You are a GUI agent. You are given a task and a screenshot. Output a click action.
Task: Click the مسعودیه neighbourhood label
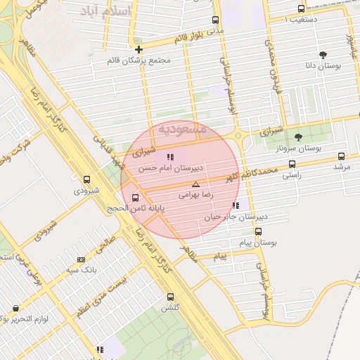point(181,129)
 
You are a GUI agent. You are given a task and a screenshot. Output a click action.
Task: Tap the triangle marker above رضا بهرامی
point(196,184)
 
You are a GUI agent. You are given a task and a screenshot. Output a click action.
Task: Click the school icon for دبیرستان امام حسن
point(169,157)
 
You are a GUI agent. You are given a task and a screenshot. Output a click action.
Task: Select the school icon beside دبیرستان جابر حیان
point(235,206)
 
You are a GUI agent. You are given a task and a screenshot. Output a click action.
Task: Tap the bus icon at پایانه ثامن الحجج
point(136,197)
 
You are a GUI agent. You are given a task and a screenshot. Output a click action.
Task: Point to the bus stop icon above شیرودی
point(86,179)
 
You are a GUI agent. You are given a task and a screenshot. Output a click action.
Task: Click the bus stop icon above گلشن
point(170,297)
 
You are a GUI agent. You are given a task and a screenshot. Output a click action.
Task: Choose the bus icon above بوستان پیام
point(258,231)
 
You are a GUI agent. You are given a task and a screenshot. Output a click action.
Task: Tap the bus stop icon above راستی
point(292,164)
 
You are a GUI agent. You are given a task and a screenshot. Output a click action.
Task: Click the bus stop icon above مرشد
point(342,157)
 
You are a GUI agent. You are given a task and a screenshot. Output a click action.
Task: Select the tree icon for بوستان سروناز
point(298,138)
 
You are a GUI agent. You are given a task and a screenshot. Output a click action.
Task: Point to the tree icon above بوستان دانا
point(323,54)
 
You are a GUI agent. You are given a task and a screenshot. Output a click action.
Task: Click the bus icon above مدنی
point(215,20)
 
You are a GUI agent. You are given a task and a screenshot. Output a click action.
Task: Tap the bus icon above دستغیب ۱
point(302,9)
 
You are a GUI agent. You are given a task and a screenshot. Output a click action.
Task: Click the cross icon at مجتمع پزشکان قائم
point(139,49)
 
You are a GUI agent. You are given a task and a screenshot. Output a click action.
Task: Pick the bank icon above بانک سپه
point(80,259)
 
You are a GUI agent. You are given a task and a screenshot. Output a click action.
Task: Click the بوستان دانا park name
point(323,65)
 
